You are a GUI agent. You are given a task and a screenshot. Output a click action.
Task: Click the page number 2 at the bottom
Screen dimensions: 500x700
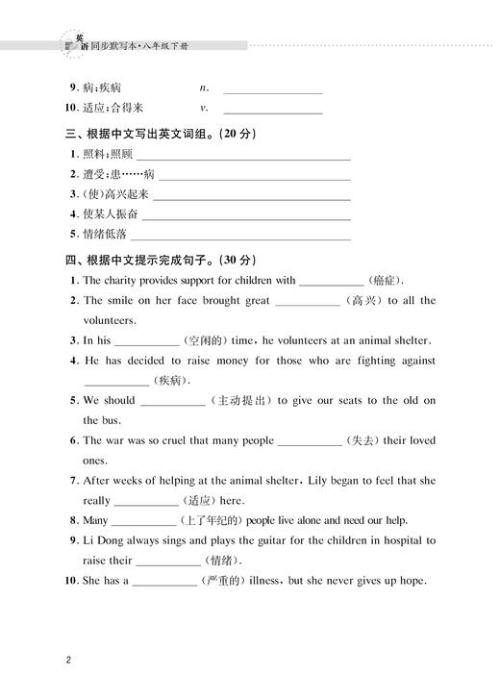[68, 660]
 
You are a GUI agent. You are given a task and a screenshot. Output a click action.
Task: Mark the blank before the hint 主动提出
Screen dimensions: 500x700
[172, 400]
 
